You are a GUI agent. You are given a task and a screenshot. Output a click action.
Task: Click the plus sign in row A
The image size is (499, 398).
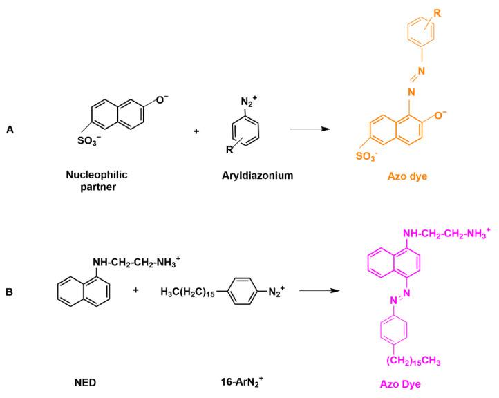[196, 130]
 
